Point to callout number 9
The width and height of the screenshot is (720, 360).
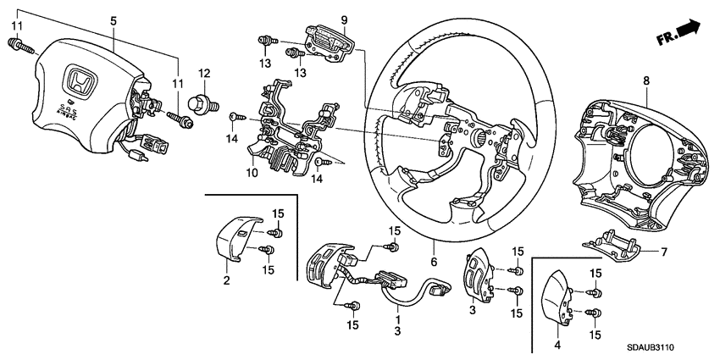coord(321,19)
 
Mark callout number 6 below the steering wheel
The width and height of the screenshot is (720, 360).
coord(434,263)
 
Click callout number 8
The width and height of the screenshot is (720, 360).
coord(646,80)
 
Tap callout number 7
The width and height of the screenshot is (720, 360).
coord(664,252)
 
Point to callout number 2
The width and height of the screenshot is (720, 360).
coord(226,280)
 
